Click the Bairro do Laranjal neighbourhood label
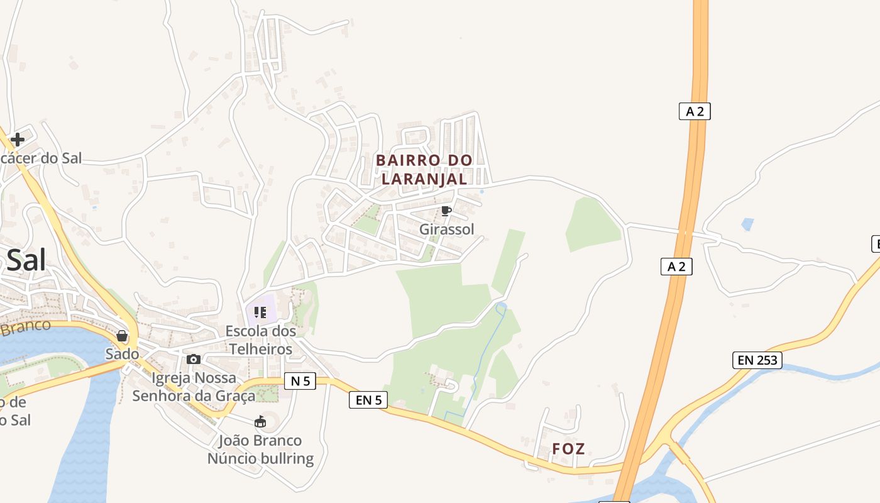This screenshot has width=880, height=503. (424, 169)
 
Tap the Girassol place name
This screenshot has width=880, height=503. (447, 229)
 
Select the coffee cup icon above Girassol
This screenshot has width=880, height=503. (446, 211)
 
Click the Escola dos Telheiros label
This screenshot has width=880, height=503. (261, 340)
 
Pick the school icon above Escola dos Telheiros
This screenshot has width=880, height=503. (260, 312)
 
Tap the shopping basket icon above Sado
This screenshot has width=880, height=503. (122, 336)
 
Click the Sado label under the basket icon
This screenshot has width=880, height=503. (122, 354)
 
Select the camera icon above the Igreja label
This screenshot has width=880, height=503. (194, 359)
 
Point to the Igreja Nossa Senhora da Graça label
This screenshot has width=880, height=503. (194, 387)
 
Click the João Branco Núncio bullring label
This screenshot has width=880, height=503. (260, 450)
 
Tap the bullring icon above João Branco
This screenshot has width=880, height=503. (260, 421)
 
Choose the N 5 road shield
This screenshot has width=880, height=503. (300, 380)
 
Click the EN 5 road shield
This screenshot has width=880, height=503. (368, 400)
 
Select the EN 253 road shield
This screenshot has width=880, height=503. (757, 360)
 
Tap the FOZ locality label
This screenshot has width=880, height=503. (568, 449)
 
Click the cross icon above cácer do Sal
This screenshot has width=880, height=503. (18, 139)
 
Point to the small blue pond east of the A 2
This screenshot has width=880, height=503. (747, 223)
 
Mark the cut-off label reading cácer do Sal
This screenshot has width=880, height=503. (41, 158)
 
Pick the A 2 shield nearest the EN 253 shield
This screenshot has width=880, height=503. (676, 267)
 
